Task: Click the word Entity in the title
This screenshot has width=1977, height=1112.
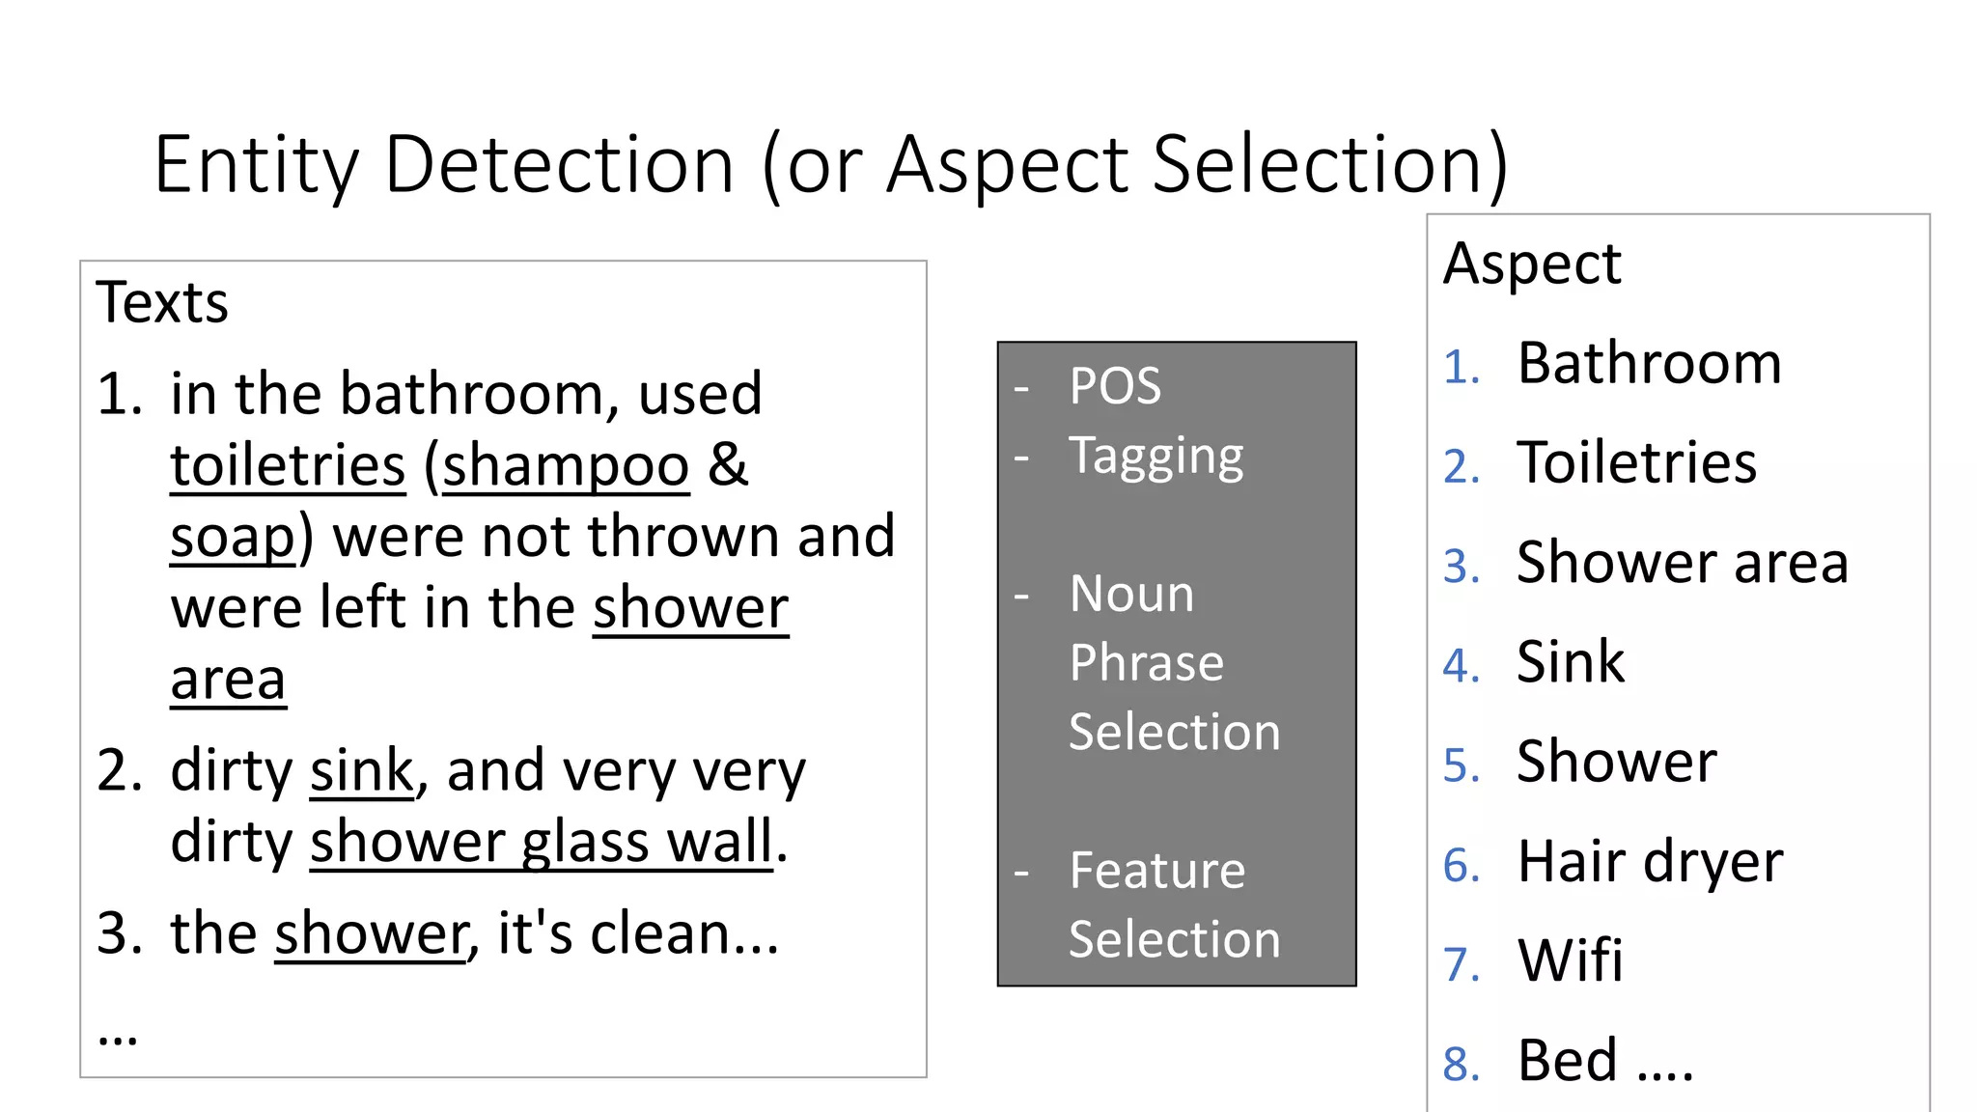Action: tap(256, 165)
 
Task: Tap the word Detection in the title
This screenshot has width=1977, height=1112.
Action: tap(559, 165)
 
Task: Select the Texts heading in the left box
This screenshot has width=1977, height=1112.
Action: tap(162, 302)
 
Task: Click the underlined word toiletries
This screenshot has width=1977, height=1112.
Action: tap(288, 465)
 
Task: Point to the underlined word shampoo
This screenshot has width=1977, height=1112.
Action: tap(566, 465)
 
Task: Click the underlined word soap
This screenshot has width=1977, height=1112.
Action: tap(233, 537)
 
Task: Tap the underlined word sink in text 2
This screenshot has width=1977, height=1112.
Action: tap(362, 770)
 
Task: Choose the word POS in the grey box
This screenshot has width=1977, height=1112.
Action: tap(1115, 386)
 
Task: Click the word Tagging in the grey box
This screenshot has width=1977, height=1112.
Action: tap(1156, 456)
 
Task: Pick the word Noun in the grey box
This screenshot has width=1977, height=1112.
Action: tap(1131, 593)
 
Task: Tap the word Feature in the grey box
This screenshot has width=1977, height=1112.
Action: tap(1157, 870)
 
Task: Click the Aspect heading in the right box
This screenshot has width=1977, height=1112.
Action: tap(1532, 264)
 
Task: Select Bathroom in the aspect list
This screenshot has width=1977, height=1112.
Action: tap(1649, 364)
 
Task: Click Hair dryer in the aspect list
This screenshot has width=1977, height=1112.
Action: tap(1650, 861)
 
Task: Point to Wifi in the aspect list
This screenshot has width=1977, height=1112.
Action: tap(1570, 960)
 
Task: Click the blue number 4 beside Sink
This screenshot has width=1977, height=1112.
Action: tap(1461, 666)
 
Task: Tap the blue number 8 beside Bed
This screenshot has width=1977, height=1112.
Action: tap(1461, 1064)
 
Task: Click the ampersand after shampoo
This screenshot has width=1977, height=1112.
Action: tap(728, 465)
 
